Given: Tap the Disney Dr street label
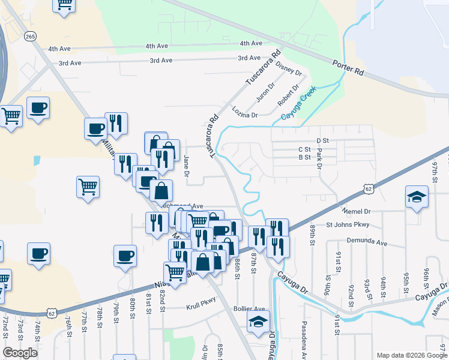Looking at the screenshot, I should click(290, 68).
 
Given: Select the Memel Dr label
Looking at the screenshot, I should click(357, 212).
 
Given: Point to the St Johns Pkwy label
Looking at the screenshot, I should click(349, 225).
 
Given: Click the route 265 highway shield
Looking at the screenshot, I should click(31, 37).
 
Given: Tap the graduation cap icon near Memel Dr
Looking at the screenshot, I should click(416, 198).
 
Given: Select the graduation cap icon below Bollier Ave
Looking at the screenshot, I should click(258, 322).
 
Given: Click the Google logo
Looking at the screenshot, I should click(20, 353).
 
